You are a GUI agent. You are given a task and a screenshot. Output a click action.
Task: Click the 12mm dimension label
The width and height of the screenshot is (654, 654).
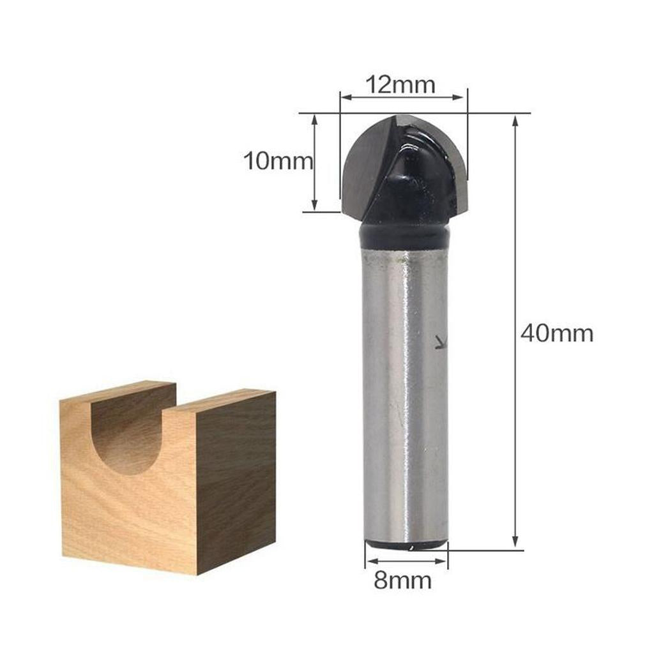pyautogui.click(x=400, y=85)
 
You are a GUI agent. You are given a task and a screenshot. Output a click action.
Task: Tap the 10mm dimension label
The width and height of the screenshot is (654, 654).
pyautogui.click(x=278, y=161)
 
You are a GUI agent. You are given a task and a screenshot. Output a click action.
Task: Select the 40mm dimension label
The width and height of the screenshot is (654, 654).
pyautogui.click(x=557, y=333)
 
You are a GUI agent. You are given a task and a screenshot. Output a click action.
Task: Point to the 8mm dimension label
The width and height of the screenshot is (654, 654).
pyautogui.click(x=402, y=580)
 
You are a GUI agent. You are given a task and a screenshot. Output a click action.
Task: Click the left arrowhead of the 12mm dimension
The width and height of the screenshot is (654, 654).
pyautogui.click(x=347, y=98)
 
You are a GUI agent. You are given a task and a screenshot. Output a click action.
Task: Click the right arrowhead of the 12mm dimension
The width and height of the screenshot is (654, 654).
pyautogui.click(x=459, y=98)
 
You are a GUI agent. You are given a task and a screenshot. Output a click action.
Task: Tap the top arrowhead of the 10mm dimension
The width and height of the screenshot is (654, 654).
pyautogui.click(x=315, y=121)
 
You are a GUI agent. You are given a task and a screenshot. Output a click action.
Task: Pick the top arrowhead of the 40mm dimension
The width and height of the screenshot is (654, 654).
pyautogui.click(x=515, y=121)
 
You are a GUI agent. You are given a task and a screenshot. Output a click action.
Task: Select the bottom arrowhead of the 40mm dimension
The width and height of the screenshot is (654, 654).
pyautogui.click(x=515, y=541)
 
